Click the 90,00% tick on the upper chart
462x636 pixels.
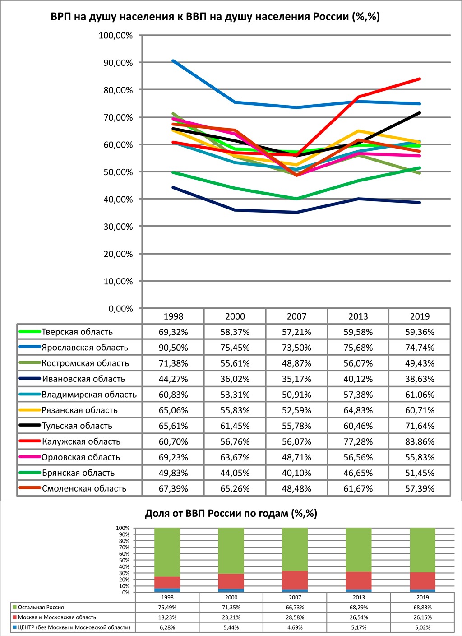click(x=116, y=63)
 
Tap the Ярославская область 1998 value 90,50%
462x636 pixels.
click(x=173, y=348)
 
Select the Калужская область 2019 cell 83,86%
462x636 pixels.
click(x=420, y=441)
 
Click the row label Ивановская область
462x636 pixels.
click(x=83, y=379)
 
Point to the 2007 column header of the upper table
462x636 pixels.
click(x=296, y=316)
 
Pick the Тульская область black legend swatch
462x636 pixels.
click(x=30, y=425)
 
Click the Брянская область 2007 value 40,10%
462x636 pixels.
click(x=296, y=473)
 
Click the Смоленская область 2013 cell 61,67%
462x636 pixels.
click(x=358, y=488)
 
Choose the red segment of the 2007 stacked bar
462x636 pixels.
click(x=295, y=580)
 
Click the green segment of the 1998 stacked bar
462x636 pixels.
click(x=167, y=552)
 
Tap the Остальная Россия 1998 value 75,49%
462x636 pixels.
click(x=167, y=608)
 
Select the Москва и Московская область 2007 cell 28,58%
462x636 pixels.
click(x=295, y=617)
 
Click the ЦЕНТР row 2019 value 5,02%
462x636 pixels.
click(x=423, y=627)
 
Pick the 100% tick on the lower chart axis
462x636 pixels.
click(x=123, y=528)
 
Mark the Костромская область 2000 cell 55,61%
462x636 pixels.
click(x=235, y=363)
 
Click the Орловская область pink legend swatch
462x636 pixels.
click(x=30, y=457)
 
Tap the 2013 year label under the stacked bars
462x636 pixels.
click(x=359, y=597)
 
